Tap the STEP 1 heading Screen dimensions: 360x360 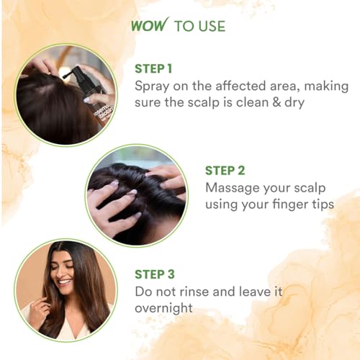153,68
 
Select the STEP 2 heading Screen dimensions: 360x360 225,171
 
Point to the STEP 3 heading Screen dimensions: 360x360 155,274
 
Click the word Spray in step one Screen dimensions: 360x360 152,87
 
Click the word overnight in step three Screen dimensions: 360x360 163,309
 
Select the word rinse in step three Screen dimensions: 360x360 194,292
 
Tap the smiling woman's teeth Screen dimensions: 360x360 65,282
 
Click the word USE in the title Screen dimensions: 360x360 211,26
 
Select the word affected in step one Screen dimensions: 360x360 240,86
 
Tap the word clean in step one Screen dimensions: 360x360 252,102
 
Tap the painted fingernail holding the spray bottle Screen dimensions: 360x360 86,99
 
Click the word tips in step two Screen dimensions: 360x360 323,205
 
